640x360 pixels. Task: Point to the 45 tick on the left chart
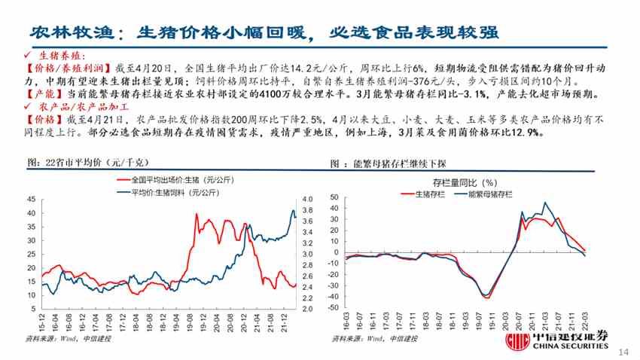30,199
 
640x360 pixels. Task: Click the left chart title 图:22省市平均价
83,163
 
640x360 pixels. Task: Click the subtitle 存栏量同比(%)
464,182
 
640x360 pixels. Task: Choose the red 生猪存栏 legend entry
427,194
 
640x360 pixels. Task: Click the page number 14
622,352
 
